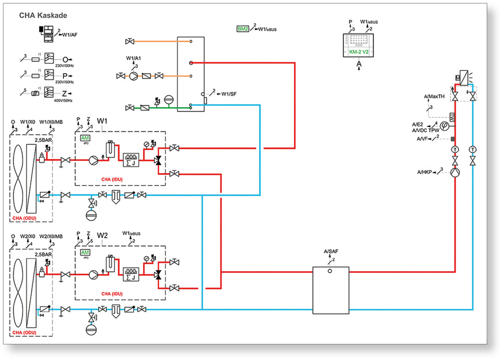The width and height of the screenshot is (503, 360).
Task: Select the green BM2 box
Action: pyautogui.click(x=242, y=28)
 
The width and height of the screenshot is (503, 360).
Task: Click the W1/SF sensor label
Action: pyautogui.click(x=230, y=93)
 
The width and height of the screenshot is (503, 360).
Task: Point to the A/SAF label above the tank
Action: pyautogui.click(x=331, y=252)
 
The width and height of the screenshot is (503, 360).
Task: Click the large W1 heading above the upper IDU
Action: pyautogui.click(x=103, y=121)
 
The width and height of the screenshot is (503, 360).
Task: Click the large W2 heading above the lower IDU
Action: pyautogui.click(x=103, y=236)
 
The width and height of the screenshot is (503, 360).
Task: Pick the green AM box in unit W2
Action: pyautogui.click(x=85, y=253)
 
